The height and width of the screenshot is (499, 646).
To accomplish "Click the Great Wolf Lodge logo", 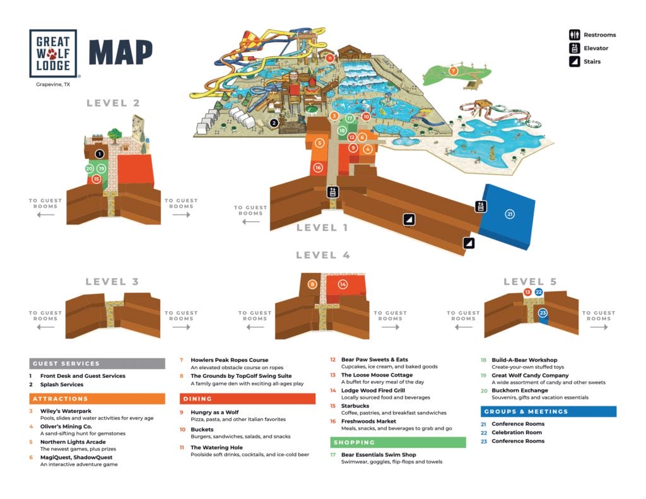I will tap(53, 53).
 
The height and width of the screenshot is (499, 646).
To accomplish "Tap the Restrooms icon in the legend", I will tap(575, 35).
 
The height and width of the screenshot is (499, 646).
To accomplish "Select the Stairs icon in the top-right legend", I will tap(575, 61).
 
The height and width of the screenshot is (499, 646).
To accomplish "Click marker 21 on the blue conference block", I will tap(510, 214).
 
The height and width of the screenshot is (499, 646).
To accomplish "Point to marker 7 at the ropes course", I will tap(453, 71).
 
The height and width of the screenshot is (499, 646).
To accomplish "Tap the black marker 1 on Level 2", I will tap(99, 153).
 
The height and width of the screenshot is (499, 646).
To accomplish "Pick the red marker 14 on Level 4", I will tap(343, 285).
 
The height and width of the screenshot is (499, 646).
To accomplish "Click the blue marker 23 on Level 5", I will tap(542, 313).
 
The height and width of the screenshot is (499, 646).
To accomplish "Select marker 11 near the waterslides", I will tap(330, 57).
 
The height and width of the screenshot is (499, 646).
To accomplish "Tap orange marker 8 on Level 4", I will tap(312, 285).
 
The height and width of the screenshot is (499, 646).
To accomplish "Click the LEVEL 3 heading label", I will tap(112, 282).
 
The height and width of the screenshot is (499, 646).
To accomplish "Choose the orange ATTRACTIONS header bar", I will tap(97, 399).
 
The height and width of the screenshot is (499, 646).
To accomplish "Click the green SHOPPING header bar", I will tap(398, 442).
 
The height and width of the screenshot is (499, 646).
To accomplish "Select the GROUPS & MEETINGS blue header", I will tap(548, 411).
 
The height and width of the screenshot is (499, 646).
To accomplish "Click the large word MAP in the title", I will tap(120, 53).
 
